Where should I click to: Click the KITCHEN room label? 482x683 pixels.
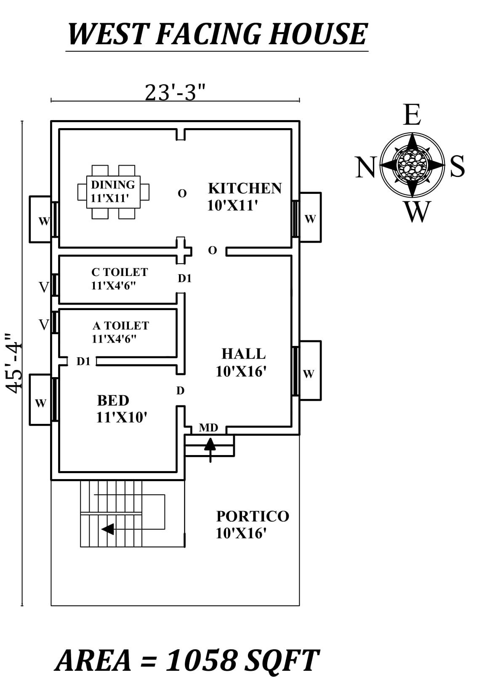tap(245, 188)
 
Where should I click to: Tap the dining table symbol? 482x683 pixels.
tap(113, 192)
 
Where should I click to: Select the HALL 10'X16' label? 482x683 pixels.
tap(242, 362)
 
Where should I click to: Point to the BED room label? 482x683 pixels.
tap(113, 400)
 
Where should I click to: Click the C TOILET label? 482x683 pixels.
tap(120, 272)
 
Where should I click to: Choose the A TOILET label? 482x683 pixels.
tap(120, 326)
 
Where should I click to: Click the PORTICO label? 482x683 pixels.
tap(253, 517)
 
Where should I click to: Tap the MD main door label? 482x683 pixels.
tap(208, 428)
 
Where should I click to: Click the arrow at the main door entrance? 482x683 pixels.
tap(210, 447)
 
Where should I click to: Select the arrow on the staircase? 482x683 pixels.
tap(108, 529)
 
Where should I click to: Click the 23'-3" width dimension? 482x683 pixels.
tap(175, 92)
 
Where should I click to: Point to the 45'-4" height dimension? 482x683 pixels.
tap(14, 363)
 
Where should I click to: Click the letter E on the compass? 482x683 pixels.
tap(412, 115)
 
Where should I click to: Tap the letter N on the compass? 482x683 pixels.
tap(365, 167)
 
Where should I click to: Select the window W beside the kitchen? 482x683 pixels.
tap(310, 219)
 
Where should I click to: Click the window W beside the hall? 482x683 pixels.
tap(309, 374)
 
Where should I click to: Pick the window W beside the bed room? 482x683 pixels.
tap(40, 403)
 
